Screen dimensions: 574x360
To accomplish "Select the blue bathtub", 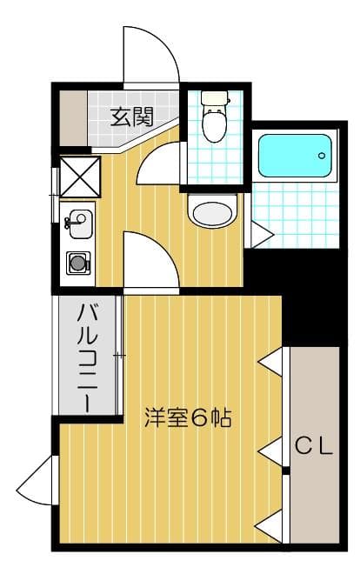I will coord(296,155).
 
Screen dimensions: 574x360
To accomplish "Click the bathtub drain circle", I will coord(322,157).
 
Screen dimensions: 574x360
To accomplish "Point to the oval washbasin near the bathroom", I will coord(212,212).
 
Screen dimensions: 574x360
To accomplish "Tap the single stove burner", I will coord(79,261).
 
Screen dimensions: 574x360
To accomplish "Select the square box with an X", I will coord(78,177).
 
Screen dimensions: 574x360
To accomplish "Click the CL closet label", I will coord(312,447).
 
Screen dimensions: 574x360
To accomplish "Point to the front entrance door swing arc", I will coord(152,56).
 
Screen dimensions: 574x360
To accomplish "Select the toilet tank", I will coord(213,98).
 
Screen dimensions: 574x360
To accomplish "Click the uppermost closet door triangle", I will coord(272,361).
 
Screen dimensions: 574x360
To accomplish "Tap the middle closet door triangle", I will coord(272,450).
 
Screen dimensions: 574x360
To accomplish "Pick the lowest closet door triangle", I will coord(271,525).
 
